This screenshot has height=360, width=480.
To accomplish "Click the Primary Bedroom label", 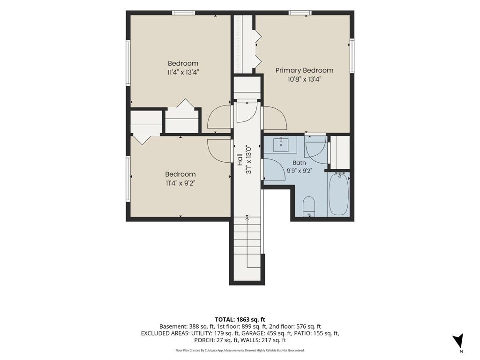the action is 304,70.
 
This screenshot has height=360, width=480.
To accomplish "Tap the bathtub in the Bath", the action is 338,194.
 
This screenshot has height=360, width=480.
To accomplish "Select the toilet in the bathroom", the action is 308,206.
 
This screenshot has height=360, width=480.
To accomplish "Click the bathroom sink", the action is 281,144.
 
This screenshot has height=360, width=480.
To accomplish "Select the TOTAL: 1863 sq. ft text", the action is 240,320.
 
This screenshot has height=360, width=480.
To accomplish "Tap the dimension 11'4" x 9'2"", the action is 180,183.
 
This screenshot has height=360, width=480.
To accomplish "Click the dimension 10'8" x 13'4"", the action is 304,79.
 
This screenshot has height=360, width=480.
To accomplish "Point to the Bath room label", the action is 299,163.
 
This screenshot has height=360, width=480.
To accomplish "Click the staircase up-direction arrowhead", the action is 247,218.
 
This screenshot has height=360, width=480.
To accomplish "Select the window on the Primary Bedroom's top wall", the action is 300,13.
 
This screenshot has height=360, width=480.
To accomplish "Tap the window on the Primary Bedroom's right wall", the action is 352,55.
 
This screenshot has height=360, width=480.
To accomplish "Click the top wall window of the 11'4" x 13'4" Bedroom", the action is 183,13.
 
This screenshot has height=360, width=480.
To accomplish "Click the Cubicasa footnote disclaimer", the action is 240,350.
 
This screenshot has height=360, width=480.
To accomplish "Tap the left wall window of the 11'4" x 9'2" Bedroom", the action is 128,179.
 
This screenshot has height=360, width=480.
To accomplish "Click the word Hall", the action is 240,159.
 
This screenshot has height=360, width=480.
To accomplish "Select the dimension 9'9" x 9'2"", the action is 299,171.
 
